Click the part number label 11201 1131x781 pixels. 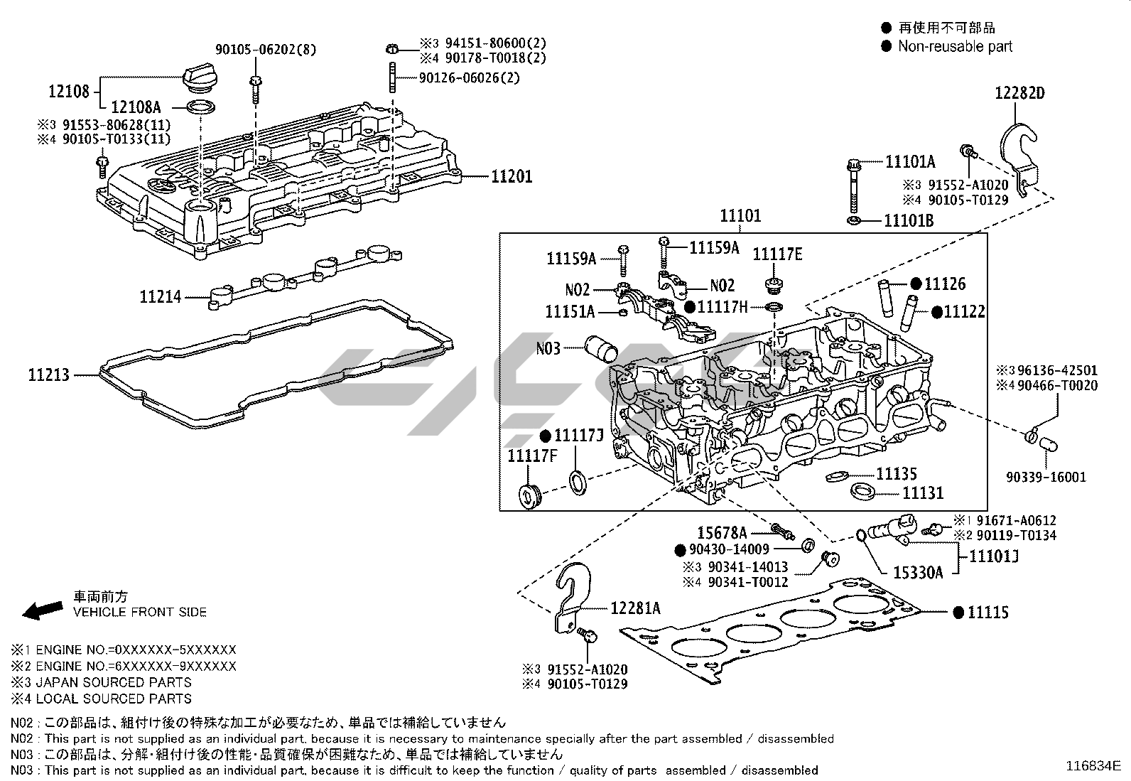(512, 176)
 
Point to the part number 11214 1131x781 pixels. (160, 297)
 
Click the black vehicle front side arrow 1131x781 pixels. (42, 609)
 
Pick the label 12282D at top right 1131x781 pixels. (1019, 93)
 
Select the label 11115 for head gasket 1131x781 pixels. (987, 612)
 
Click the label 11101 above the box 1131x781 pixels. (740, 215)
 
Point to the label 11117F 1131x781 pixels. (532, 455)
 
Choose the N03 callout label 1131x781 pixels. (548, 348)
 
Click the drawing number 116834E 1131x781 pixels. (1093, 766)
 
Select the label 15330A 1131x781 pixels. (918, 572)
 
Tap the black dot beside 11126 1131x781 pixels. (916, 284)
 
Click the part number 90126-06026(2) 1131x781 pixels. (469, 77)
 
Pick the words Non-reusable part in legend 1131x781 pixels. (955, 46)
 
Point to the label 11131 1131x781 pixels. (923, 492)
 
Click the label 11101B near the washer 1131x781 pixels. (909, 220)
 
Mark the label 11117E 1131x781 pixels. (777, 254)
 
